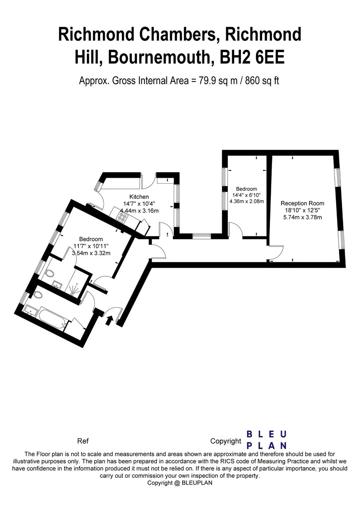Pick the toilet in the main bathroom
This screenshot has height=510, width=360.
[x=38, y=295]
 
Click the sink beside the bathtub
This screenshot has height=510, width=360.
[x=30, y=309]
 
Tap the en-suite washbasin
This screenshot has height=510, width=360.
[x=56, y=284]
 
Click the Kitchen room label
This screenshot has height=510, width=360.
[x=139, y=196]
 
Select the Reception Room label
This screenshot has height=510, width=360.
[x=302, y=203]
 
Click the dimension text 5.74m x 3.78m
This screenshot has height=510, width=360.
[x=302, y=218]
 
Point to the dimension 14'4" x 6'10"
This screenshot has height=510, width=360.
[x=247, y=195]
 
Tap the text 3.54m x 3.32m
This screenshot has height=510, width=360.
[x=91, y=253]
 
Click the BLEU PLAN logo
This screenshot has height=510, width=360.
[x=266, y=439]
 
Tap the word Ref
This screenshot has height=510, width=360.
[x=83, y=441]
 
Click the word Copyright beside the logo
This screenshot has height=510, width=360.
[x=226, y=441]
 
